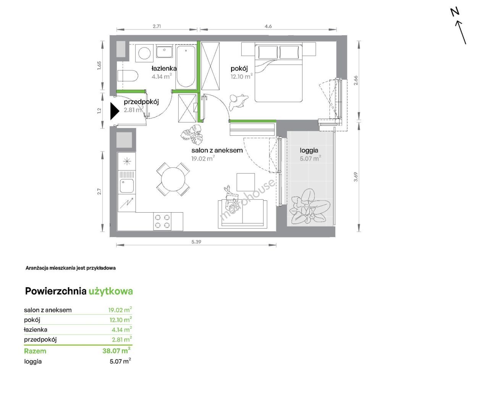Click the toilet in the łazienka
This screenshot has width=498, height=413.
tap(128, 76)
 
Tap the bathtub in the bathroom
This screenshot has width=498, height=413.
tap(186, 67)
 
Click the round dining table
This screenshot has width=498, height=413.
tap(173, 179)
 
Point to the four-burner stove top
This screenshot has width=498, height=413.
tap(162, 221)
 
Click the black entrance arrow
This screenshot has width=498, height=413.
tap(115, 111)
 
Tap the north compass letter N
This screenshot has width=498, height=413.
tap(455, 12)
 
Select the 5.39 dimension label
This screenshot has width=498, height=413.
tap(196, 242)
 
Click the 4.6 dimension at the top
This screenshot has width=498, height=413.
tap(268, 26)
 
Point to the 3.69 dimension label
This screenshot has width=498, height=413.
tap(356, 177)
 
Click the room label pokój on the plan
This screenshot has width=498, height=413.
tap(239, 69)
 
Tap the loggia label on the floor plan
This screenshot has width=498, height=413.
tap(309, 151)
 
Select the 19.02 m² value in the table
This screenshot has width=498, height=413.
tap(120, 310)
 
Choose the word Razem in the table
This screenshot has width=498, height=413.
tap(35, 351)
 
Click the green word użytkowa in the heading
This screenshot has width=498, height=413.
tap(111, 291)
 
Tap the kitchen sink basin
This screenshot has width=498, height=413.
tap(127, 185)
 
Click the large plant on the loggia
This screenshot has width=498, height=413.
tap(310, 207)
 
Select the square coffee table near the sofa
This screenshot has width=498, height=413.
tap(246, 182)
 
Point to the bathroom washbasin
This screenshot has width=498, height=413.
tap(164, 52)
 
